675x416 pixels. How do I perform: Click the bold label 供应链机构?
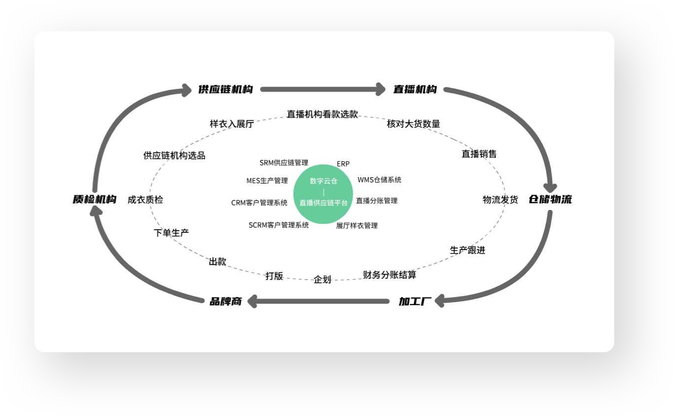click(x=225, y=90)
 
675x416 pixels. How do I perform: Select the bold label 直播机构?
click(x=415, y=90)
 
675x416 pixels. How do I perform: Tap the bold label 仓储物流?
click(x=550, y=199)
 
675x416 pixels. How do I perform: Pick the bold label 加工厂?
click(x=415, y=301)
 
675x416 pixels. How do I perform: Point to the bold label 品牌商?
click(x=225, y=301)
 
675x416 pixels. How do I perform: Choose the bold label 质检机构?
click(x=94, y=199)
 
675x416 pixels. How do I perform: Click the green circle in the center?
click(x=323, y=194)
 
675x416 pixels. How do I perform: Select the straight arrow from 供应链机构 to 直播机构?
click(x=323, y=89)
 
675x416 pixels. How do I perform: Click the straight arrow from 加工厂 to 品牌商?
click(x=318, y=301)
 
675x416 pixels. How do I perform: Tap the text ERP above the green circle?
click(x=343, y=164)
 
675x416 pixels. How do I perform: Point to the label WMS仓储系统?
click(x=379, y=180)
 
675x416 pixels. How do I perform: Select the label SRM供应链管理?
click(x=284, y=163)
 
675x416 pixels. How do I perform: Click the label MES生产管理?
click(x=267, y=181)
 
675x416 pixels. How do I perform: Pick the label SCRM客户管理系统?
click(x=279, y=225)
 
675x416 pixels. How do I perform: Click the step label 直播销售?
click(x=479, y=154)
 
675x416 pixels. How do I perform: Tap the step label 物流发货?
click(x=500, y=199)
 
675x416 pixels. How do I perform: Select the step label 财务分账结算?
click(x=389, y=275)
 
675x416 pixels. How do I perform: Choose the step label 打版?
click(x=274, y=276)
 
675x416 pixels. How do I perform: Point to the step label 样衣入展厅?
click(x=232, y=124)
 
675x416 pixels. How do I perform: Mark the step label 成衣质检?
click(x=145, y=199)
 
